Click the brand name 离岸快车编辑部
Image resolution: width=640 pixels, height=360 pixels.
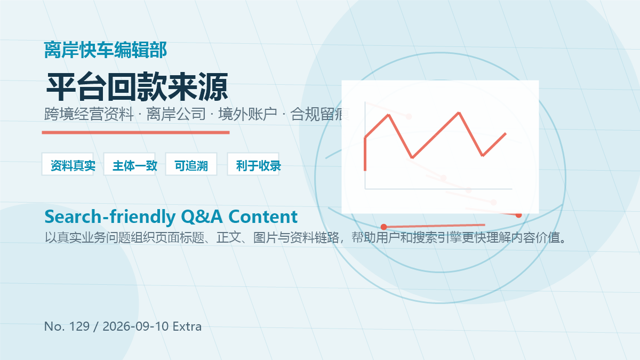coord(106,50)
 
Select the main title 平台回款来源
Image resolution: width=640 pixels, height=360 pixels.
coord(137,86)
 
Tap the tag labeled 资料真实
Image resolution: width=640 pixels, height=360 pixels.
coord(68,164)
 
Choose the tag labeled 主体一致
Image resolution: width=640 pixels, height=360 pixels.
coord(130,164)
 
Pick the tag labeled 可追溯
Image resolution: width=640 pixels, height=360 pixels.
coord(191,164)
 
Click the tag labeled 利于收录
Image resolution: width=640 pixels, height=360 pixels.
coord(253,164)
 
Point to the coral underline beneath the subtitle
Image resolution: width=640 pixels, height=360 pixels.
coord(135,133)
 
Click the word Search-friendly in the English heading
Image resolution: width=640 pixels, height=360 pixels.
coord(110,217)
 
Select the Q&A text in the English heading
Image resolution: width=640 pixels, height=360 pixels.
coord(202,217)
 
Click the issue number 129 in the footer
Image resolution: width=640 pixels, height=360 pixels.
coord(79,326)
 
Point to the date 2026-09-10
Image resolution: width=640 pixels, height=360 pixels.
coord(135,326)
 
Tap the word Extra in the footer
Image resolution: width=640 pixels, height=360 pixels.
coord(187,326)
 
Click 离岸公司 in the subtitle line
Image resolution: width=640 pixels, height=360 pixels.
coord(176,114)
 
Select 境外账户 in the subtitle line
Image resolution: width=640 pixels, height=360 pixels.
coord(247,114)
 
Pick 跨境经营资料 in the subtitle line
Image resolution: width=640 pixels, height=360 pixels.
coord(89,114)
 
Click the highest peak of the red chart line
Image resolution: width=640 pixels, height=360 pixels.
coord(459,113)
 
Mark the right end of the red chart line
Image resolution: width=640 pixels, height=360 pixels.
coord(506,133)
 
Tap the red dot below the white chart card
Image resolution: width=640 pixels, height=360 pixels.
coord(383,227)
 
